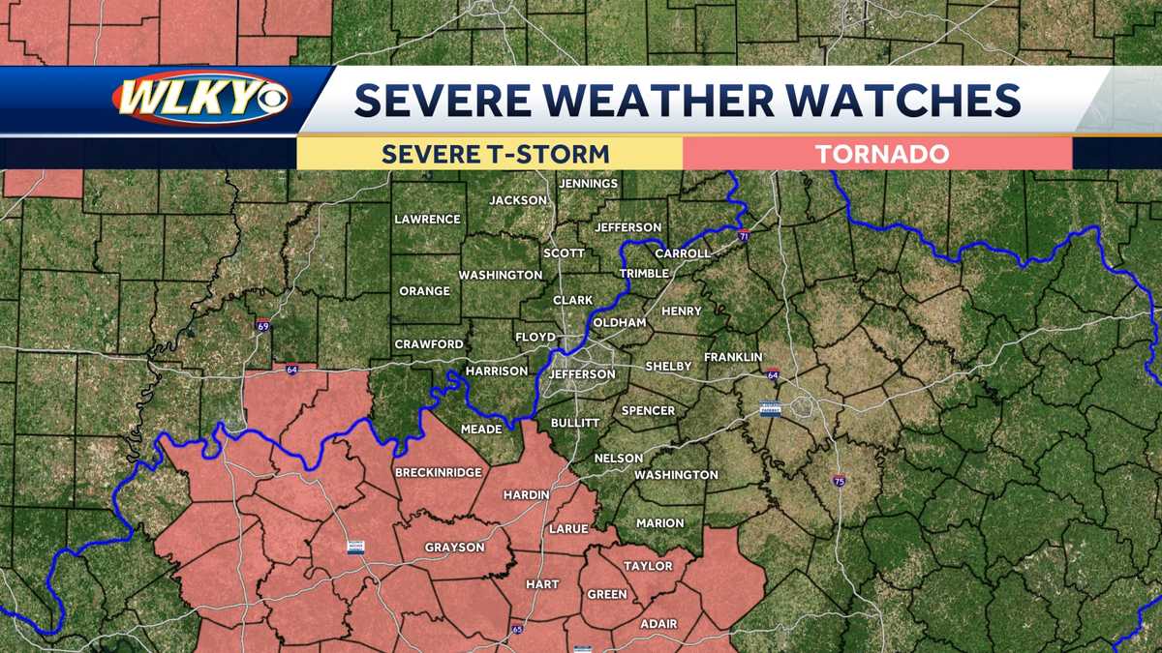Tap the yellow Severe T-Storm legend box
click(x=494, y=154)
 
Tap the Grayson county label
click(x=454, y=548)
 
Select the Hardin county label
click(x=526, y=495)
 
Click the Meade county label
click(x=481, y=429)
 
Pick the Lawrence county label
click(x=427, y=220)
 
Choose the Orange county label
click(x=424, y=291)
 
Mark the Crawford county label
click(x=428, y=344)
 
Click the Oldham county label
click(x=619, y=322)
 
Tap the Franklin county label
click(x=733, y=357)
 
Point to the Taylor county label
click(x=648, y=566)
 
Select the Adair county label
click(x=658, y=624)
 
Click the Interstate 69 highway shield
click(x=264, y=326)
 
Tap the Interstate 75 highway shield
click(x=839, y=481)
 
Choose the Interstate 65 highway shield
click(x=516, y=631)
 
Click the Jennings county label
click(x=588, y=184)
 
